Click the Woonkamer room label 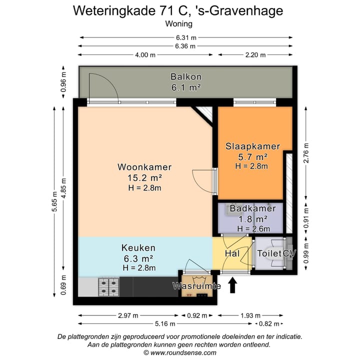click(144, 167)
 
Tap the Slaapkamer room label click(252, 146)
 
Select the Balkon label click(186, 77)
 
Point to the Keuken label click(138, 247)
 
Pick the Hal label click(232, 254)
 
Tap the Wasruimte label click(197, 286)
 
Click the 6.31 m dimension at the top click(186, 37)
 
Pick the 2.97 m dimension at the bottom click(128, 315)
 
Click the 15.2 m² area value click(144, 177)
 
